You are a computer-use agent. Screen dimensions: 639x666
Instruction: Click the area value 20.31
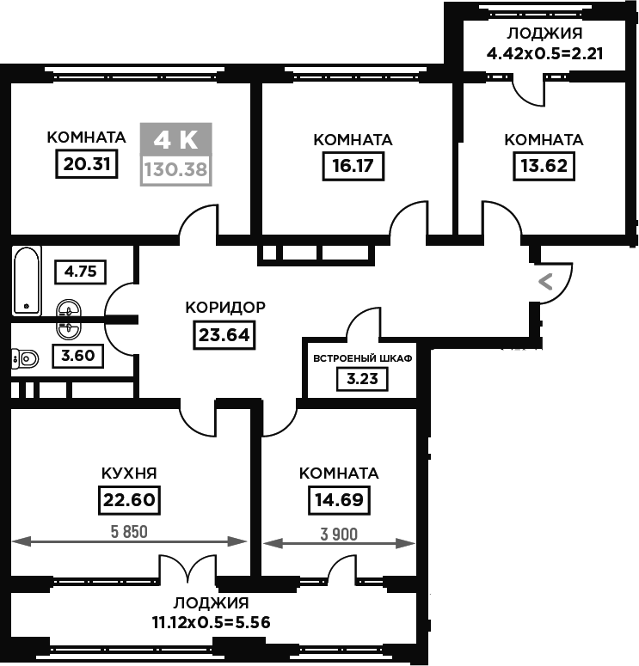[x=87, y=164]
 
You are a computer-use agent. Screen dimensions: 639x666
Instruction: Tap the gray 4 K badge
[x=176, y=139]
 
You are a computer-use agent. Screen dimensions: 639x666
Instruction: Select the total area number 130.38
[x=176, y=170]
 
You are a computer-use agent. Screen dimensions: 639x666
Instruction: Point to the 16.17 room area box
[x=353, y=166]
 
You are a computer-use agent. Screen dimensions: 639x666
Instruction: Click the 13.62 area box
[x=544, y=166]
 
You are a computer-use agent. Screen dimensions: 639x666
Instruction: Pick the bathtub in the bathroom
[x=27, y=281]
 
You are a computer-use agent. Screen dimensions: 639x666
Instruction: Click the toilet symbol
[x=25, y=359]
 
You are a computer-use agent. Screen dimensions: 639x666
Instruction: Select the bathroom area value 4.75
[x=80, y=272]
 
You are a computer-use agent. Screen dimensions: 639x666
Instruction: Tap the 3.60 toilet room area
[x=77, y=356]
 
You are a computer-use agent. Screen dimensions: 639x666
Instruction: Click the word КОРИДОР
[x=225, y=307]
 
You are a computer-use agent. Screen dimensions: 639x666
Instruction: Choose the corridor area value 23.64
[x=224, y=335]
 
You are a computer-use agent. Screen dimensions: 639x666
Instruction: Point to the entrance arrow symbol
[x=545, y=282]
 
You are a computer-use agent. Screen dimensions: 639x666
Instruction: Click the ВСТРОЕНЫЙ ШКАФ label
[x=363, y=358]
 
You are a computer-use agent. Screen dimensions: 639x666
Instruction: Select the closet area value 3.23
[x=362, y=379]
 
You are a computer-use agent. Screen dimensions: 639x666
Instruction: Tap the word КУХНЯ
[x=129, y=474]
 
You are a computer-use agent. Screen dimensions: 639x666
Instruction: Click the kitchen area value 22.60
[x=129, y=500]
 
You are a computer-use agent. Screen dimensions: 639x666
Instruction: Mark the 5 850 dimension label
[x=129, y=532]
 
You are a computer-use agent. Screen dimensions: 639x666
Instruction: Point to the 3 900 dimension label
[x=339, y=535]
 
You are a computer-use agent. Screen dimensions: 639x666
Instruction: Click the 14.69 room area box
[x=339, y=500]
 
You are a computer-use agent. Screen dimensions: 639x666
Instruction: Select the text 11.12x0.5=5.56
[x=212, y=623]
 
